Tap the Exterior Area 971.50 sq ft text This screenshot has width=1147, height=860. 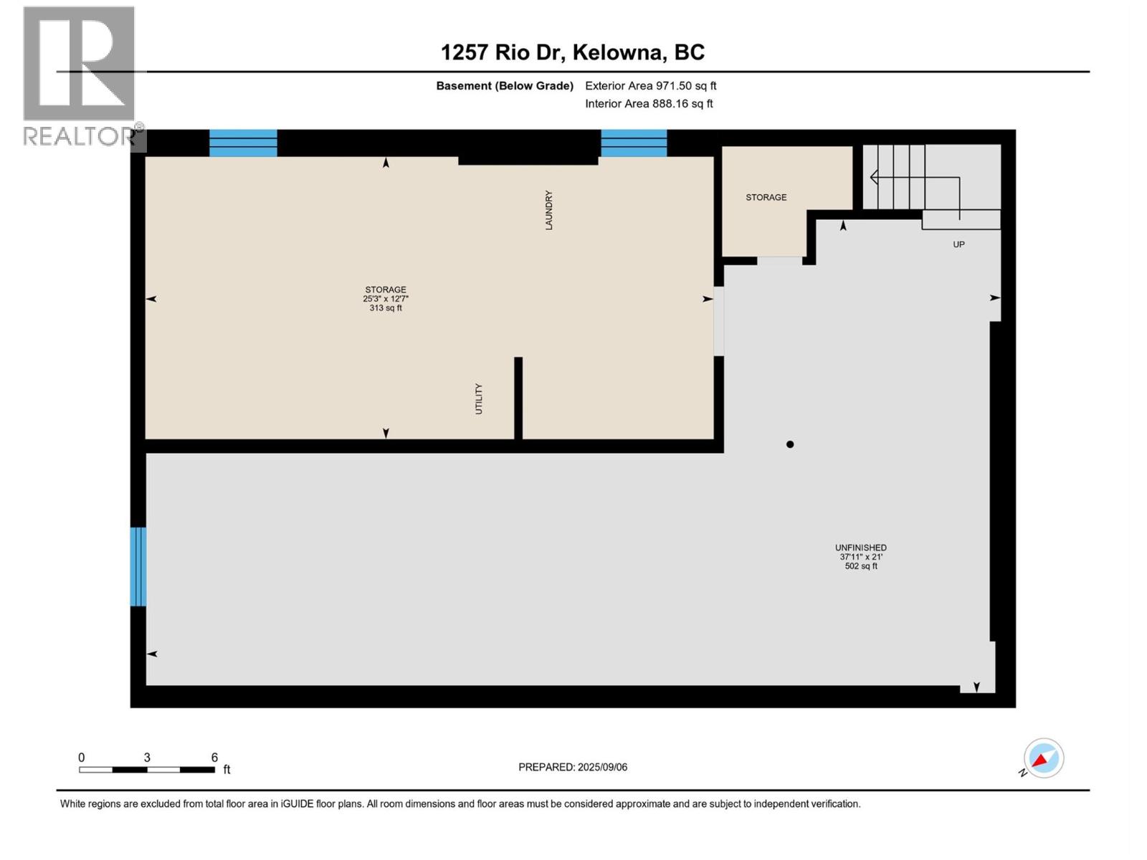pyautogui.click(x=650, y=86)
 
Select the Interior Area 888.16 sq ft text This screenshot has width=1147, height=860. pyautogui.click(x=649, y=104)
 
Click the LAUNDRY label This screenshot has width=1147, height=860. pyautogui.click(x=549, y=210)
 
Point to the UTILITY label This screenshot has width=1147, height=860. pyautogui.click(x=479, y=398)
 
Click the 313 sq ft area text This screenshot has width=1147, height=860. pyautogui.click(x=386, y=308)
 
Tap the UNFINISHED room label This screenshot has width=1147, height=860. pyautogui.click(x=860, y=548)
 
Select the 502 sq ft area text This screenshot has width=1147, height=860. pyautogui.click(x=860, y=566)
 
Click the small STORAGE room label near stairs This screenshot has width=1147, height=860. pyautogui.click(x=766, y=197)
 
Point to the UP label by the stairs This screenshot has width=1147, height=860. pyautogui.click(x=958, y=244)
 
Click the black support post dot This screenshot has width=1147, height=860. pyautogui.click(x=790, y=444)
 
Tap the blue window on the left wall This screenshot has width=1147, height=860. pyautogui.click(x=138, y=566)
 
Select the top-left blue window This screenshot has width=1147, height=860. pyautogui.click(x=243, y=143)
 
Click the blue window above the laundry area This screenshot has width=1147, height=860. pyautogui.click(x=634, y=143)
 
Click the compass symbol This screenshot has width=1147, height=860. pyautogui.click(x=1043, y=758)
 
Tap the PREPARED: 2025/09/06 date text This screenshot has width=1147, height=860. pyautogui.click(x=573, y=767)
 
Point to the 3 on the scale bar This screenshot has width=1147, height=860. pyautogui.click(x=147, y=758)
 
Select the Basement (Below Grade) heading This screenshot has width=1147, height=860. pyautogui.click(x=505, y=86)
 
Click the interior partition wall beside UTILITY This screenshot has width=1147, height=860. pyautogui.click(x=518, y=398)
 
